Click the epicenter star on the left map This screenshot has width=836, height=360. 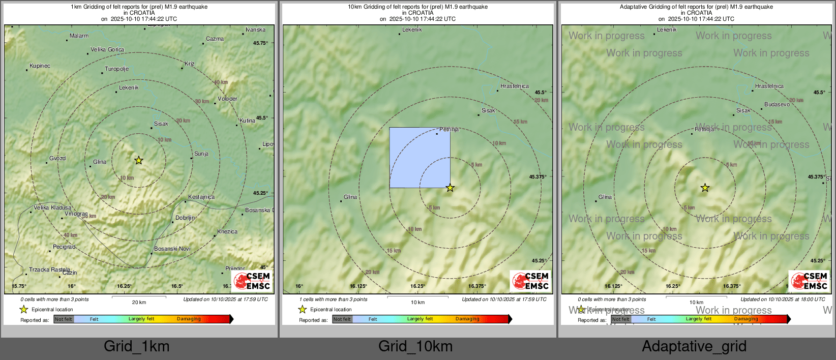[x=138, y=160]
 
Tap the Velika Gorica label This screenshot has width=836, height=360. [x=107, y=50]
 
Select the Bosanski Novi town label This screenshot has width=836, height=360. [x=172, y=249]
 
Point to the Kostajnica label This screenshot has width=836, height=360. [x=201, y=197]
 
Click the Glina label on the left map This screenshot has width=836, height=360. [x=99, y=162]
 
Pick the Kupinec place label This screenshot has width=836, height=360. [x=40, y=66]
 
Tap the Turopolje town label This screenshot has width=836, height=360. [x=116, y=69]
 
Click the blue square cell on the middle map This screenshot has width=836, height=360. [x=420, y=157]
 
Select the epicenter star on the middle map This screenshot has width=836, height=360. [x=450, y=188]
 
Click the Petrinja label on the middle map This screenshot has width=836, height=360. [x=449, y=130]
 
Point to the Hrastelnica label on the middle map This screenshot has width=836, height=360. [x=514, y=86]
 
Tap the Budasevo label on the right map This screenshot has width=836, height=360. [x=777, y=104]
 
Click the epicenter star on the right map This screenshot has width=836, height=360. [x=705, y=188]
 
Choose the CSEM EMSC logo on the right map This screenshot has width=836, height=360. [x=809, y=281]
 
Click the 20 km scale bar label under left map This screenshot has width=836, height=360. [x=139, y=303]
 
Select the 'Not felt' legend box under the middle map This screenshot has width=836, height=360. [x=342, y=319]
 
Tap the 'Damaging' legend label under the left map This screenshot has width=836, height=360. [x=189, y=319]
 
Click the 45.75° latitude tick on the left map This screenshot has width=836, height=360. [x=260, y=43]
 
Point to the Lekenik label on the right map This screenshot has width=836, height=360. [x=667, y=29]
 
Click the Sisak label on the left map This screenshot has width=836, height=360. [x=161, y=124]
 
